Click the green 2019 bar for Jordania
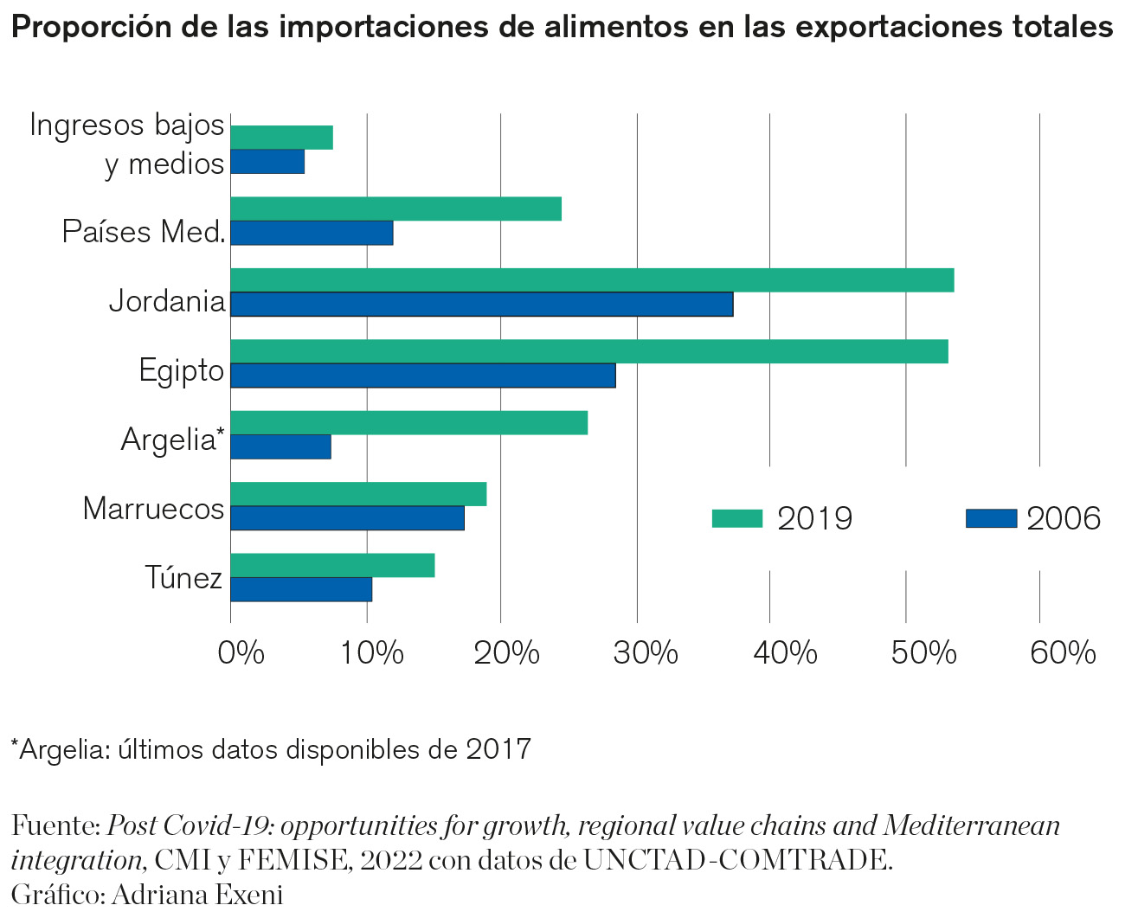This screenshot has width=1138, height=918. click(x=592, y=280)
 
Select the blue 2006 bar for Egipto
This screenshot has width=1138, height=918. click(x=423, y=376)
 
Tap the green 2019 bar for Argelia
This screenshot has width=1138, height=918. click(x=408, y=423)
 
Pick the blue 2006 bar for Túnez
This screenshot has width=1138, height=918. click(x=301, y=589)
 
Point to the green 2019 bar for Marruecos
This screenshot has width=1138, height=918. click(x=358, y=494)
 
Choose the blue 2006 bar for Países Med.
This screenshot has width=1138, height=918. click(x=312, y=233)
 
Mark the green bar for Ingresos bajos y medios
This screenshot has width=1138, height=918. click(x=282, y=138)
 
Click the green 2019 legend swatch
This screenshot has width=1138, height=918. click(x=736, y=518)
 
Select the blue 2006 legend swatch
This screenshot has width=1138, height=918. click(x=991, y=518)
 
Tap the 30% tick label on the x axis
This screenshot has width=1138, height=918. click(x=645, y=652)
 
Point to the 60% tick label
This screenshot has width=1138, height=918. click(x=1063, y=652)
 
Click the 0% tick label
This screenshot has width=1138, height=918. click(x=241, y=652)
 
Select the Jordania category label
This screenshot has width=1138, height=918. click(x=167, y=302)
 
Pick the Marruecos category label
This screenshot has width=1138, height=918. click(x=154, y=509)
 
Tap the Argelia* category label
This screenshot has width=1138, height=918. click(x=172, y=440)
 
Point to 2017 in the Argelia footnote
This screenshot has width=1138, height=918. click(x=498, y=748)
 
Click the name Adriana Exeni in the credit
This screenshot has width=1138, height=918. click(x=196, y=894)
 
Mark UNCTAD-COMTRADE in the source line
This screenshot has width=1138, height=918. click(x=736, y=860)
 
